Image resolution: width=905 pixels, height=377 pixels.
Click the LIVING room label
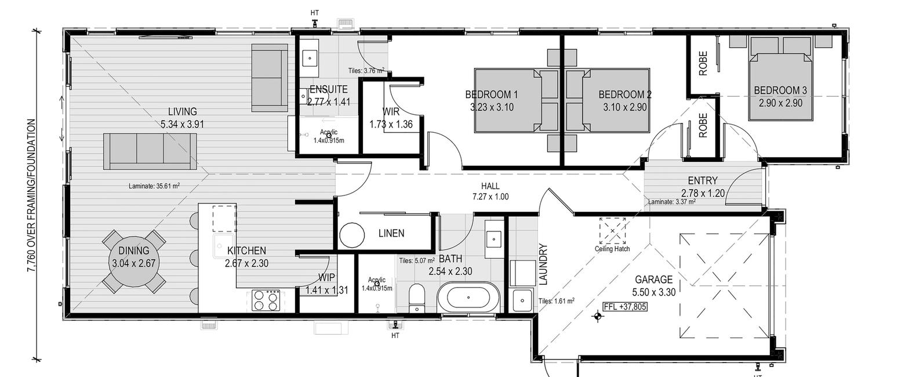pyautogui.click(x=183, y=111)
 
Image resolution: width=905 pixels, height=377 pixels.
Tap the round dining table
pyautogui.click(x=134, y=262)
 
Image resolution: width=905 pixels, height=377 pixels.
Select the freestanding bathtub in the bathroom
pyautogui.click(x=468, y=298)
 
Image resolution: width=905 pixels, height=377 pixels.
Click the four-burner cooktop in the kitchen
pyautogui.click(x=266, y=300)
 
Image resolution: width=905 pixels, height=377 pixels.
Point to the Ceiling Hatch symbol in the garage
pyautogui.click(x=612, y=231)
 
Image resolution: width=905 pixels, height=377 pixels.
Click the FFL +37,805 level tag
pyautogui.click(x=624, y=307)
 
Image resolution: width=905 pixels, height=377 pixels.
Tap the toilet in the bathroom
pyautogui.click(x=416, y=298)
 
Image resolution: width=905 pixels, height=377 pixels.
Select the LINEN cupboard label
pyautogui.click(x=391, y=233)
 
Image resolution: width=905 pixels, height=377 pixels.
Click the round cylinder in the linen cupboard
pyautogui.click(x=352, y=235)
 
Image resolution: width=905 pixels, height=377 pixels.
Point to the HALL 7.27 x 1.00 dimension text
pyautogui.click(x=490, y=191)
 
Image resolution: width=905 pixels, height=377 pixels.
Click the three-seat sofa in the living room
pyautogui.click(x=150, y=151)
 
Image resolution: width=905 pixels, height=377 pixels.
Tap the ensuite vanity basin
pyautogui.click(x=310, y=59)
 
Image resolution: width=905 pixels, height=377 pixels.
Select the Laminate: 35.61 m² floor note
pyautogui.click(x=154, y=186)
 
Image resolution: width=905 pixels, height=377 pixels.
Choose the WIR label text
pyautogui.click(x=391, y=111)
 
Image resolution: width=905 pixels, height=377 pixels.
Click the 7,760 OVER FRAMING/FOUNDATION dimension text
pyautogui.click(x=31, y=195)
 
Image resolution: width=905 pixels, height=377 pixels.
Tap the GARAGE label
pyautogui.click(x=654, y=280)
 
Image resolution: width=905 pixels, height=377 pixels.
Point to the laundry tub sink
pyautogui.click(x=522, y=300)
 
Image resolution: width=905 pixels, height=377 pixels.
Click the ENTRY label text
pyautogui.click(x=703, y=180)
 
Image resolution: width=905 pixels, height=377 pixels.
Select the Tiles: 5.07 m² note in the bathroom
pyautogui.click(x=416, y=260)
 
